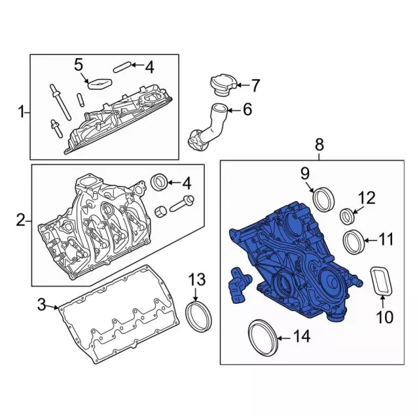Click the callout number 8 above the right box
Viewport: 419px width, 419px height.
[x=319, y=144]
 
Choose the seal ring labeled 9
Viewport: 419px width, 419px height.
[x=323, y=198]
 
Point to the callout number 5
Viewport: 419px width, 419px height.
[x=79, y=64]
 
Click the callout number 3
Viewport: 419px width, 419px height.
[x=41, y=304]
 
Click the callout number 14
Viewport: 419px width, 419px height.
[x=301, y=338]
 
